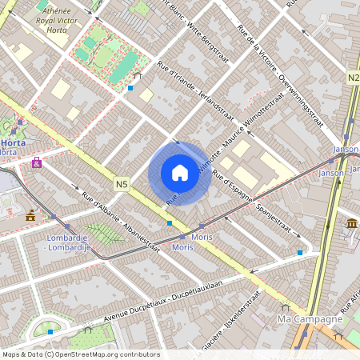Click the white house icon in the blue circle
coord(180,173)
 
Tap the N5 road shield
coord(122,184)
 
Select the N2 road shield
coord(354,78)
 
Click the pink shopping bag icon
coord(37,162)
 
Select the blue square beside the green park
coord(130,88)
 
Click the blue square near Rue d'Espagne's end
coord(300,253)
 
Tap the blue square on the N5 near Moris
coord(170,223)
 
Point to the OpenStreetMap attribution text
coord(81,354)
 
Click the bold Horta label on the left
coord(12,142)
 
